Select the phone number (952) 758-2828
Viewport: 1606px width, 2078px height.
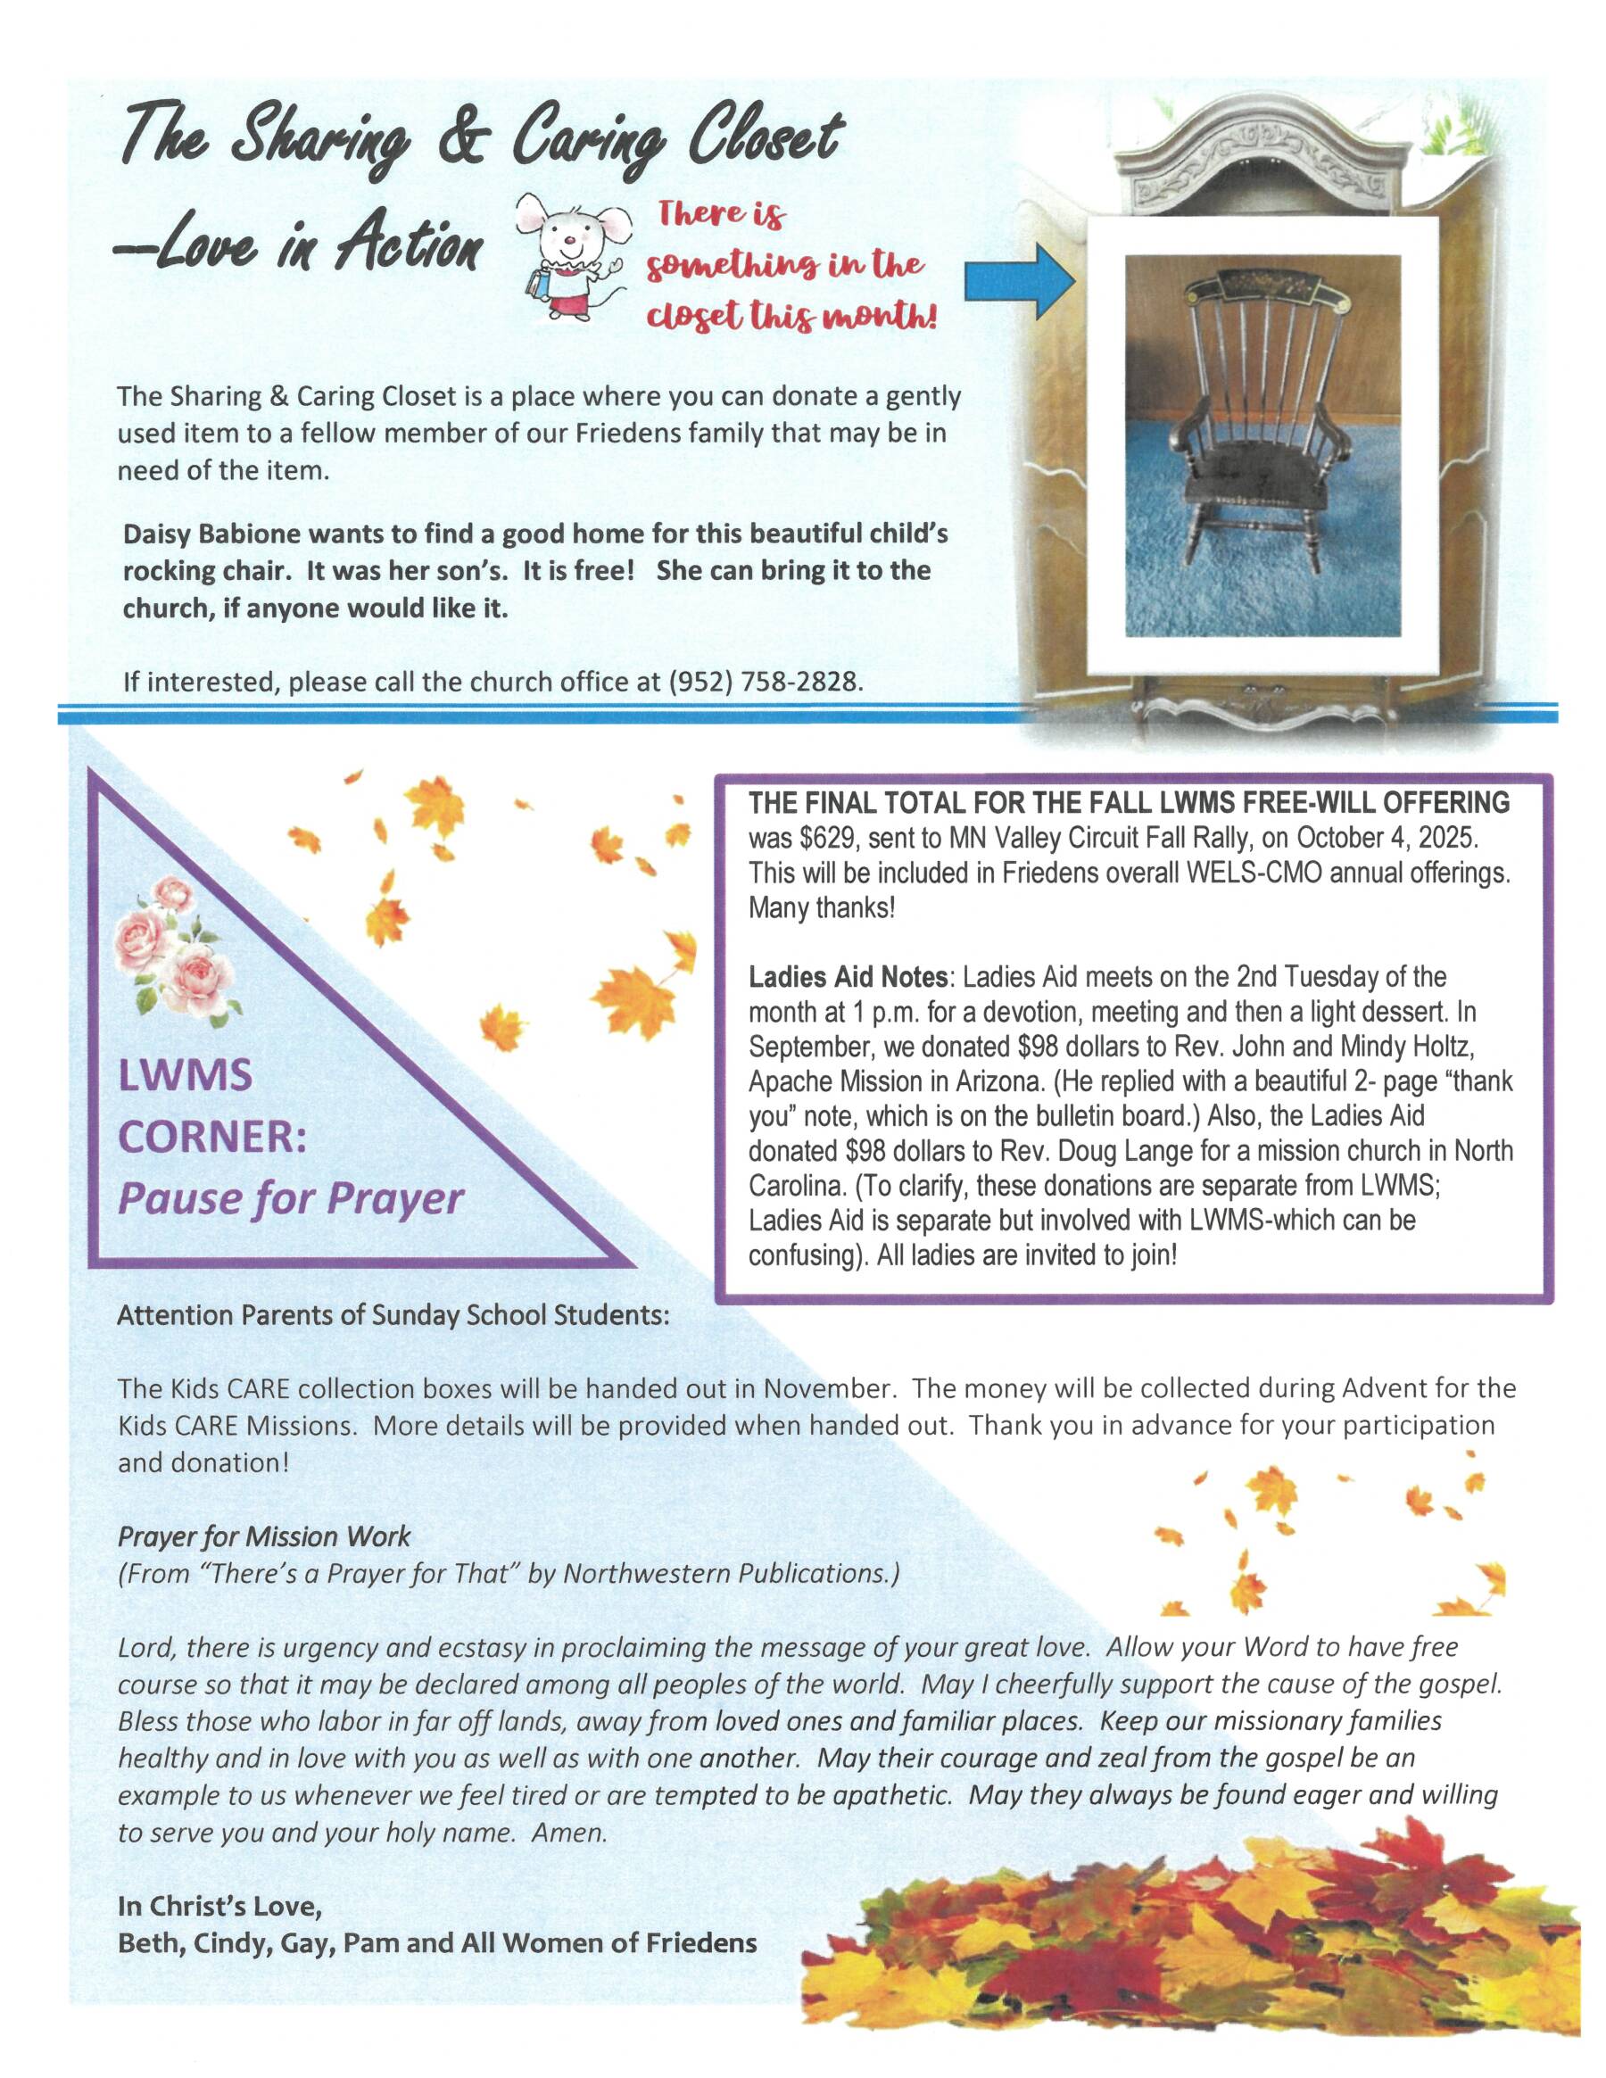(x=765, y=683)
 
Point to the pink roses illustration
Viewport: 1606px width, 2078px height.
(x=176, y=947)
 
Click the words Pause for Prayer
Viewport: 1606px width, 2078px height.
(x=290, y=1198)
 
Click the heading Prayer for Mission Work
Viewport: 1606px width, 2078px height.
(x=263, y=1536)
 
